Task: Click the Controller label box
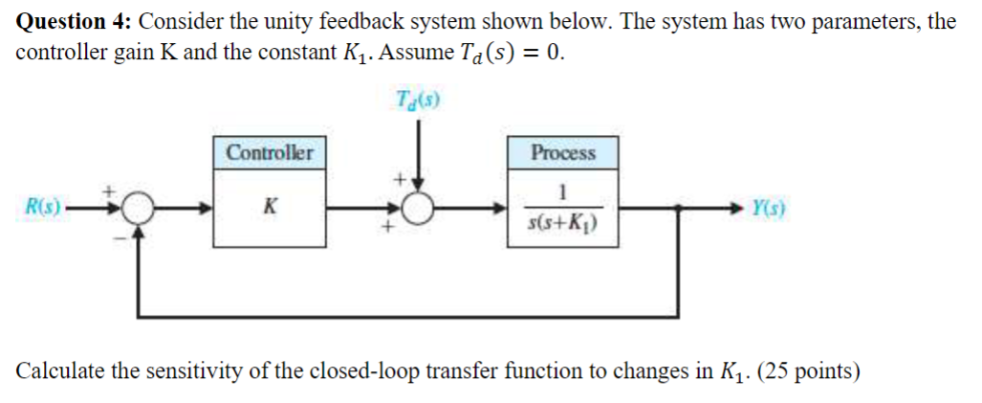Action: [x=269, y=152]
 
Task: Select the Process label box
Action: [x=562, y=152]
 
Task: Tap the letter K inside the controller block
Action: [x=270, y=206]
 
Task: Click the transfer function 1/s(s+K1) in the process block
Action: [x=562, y=211]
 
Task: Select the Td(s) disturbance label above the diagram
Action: [x=417, y=99]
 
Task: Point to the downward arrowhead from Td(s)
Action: [x=418, y=184]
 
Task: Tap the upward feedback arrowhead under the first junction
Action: [x=140, y=230]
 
